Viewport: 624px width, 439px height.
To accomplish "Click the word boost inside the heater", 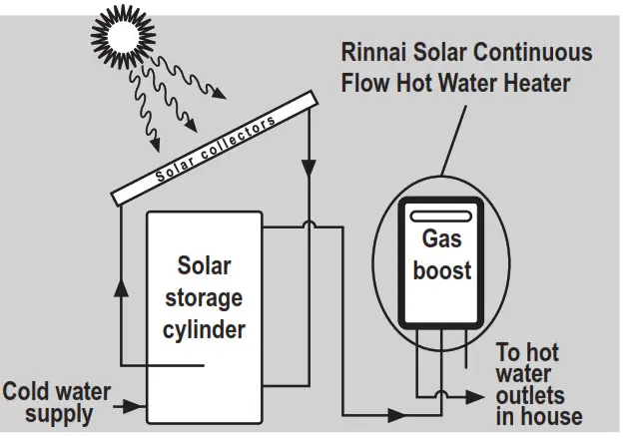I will coord(441,269).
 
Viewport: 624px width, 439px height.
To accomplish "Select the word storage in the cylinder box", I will coord(204,296).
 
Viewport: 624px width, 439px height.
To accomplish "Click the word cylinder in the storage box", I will coord(204,327).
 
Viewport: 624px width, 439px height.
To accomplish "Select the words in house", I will coord(539,417).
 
